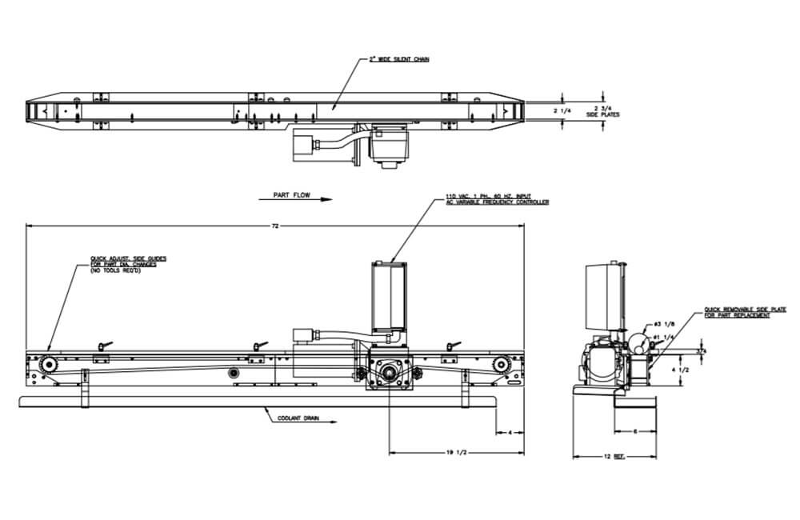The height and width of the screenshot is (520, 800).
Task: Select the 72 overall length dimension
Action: click(274, 226)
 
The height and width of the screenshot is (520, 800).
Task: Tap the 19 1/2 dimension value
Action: click(456, 454)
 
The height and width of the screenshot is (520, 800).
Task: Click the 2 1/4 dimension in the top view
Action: click(562, 110)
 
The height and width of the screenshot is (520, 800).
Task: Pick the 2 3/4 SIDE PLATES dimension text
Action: click(602, 111)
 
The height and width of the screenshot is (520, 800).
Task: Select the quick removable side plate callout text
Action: click(737, 313)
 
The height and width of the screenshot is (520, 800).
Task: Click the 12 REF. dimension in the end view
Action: click(614, 457)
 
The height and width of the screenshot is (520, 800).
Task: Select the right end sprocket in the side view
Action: click(501, 366)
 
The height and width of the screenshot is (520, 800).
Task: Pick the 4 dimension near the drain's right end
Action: click(510, 433)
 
